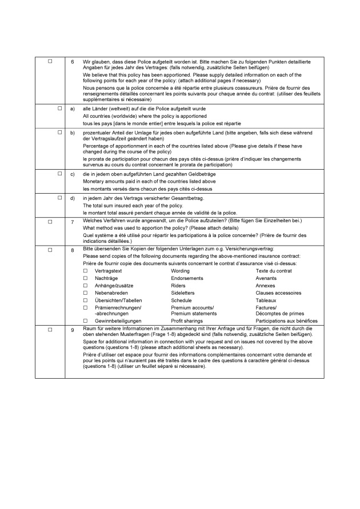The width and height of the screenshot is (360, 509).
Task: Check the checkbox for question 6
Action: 50,61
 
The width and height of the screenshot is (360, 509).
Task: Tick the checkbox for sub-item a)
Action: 59,108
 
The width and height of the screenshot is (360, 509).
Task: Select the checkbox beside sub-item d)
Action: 59,198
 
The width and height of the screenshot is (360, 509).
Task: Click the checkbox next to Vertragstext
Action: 86,270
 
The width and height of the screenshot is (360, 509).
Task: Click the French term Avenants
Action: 266,278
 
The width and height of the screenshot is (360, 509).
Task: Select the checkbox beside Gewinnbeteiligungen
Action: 86,320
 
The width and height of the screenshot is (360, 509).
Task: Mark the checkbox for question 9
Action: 50,330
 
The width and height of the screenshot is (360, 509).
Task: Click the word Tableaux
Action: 266,300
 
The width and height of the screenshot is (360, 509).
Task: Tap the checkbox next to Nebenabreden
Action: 86,292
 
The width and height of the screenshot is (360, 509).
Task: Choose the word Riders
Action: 178,285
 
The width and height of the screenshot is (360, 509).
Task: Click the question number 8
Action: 73,250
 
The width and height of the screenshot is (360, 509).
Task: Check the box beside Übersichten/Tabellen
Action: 86,300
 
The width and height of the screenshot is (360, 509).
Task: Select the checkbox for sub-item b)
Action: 59,133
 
